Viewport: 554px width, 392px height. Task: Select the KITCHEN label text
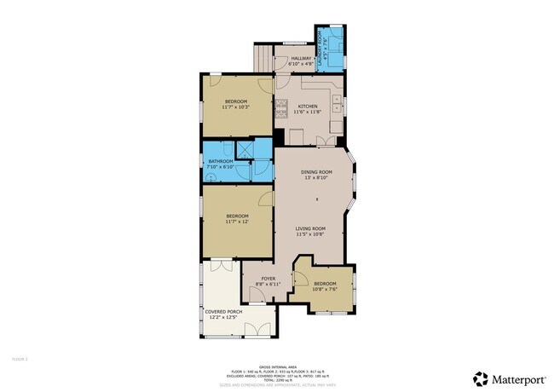click(307, 107)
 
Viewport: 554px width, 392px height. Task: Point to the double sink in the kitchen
click(338, 107)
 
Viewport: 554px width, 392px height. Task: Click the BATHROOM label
click(221, 161)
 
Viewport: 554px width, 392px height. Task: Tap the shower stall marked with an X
click(246, 148)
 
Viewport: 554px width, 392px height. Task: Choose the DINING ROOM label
click(316, 172)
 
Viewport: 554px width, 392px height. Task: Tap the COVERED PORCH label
click(222, 312)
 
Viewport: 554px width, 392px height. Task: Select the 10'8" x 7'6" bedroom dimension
click(325, 289)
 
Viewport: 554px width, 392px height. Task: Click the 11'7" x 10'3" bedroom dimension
click(236, 107)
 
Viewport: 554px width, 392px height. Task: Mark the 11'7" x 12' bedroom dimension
click(236, 222)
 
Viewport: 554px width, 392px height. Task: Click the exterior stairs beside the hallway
click(262, 58)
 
